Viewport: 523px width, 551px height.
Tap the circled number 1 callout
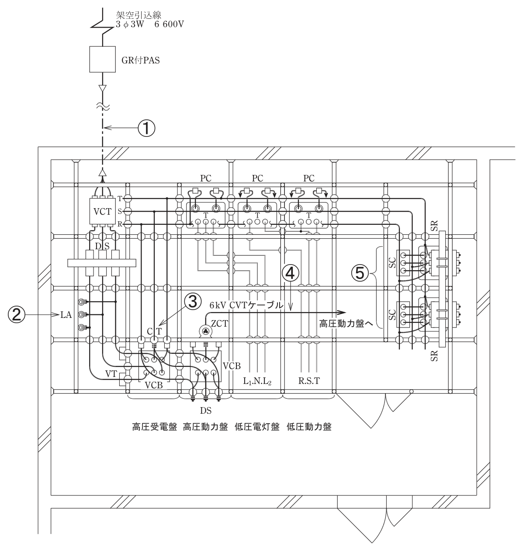146,128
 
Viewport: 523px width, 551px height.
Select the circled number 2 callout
17,315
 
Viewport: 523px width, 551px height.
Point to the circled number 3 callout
193,302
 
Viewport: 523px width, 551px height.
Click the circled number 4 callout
291,273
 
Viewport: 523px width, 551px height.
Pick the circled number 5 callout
360,273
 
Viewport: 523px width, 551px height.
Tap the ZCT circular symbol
206,331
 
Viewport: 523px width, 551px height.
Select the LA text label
66,315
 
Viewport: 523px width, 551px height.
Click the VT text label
111,373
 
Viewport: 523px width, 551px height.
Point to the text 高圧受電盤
155,427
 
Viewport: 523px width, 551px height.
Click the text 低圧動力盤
309,427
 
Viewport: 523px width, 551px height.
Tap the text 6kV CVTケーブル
246,305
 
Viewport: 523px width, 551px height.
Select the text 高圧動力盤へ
346,324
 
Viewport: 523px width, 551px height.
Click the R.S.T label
309,381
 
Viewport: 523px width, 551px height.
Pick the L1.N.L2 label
257,381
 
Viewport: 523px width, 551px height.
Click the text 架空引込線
139,15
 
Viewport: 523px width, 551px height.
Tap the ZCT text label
220,324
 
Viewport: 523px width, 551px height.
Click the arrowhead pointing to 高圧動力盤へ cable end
343,313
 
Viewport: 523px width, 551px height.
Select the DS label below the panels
206,411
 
